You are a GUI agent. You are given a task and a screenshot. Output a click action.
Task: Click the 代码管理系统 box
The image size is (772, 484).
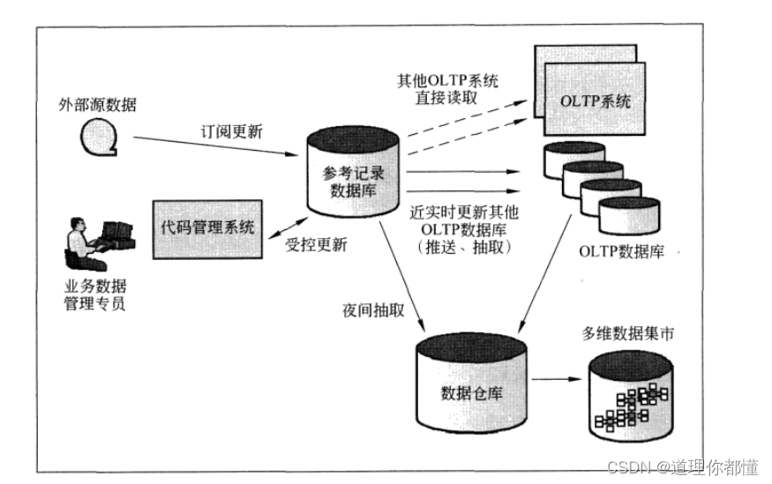(207, 227)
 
